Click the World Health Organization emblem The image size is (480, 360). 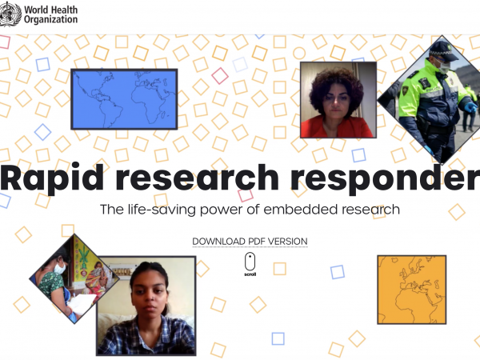[x=10, y=14]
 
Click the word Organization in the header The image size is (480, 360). [x=51, y=19]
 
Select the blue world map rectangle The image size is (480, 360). [x=124, y=99]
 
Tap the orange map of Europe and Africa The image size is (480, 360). [x=412, y=290]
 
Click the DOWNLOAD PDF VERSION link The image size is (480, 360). [x=250, y=242]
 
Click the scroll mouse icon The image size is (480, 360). [x=250, y=262]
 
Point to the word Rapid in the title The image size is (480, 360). [x=52, y=178]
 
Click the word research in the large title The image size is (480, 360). [x=197, y=178]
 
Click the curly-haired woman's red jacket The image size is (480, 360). [x=337, y=127]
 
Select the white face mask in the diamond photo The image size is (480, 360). [x=59, y=269]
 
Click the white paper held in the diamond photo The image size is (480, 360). [x=81, y=304]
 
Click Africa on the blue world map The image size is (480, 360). [x=149, y=101]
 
